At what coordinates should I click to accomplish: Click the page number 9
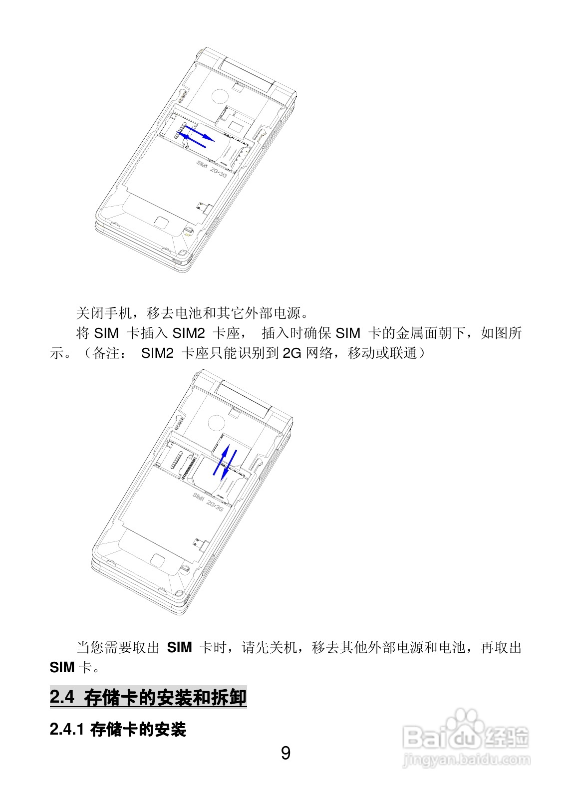pyautogui.click(x=285, y=752)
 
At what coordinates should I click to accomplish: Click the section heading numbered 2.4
pyautogui.click(x=148, y=697)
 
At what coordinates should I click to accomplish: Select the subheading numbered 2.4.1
pyautogui.click(x=118, y=730)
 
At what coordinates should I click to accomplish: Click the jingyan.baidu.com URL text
pyautogui.click(x=466, y=761)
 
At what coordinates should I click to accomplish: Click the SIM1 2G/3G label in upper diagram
pyautogui.click(x=212, y=169)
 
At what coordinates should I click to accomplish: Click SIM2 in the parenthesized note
pyautogui.click(x=157, y=353)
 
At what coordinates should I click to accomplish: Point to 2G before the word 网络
pyautogui.click(x=292, y=353)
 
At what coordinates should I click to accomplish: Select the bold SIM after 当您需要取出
pyautogui.click(x=179, y=647)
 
